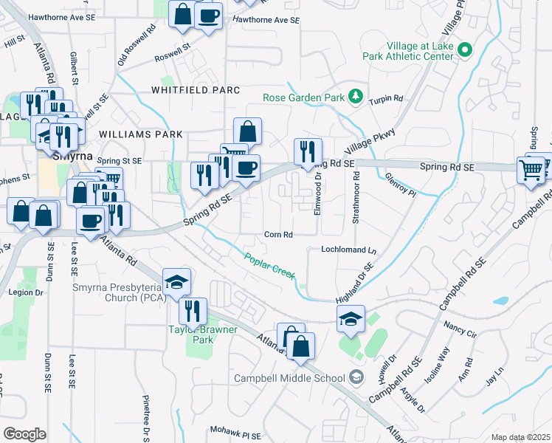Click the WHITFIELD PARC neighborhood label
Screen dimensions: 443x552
point(196,90)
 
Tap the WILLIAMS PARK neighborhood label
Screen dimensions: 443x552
point(139,134)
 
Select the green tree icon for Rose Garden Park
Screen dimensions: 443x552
point(356,96)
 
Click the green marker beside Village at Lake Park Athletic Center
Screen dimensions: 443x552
point(464,50)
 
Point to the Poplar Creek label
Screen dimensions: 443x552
point(270,266)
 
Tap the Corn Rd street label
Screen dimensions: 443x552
point(279,235)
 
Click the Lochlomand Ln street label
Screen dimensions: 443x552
point(348,250)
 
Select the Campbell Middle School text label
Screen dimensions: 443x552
point(290,379)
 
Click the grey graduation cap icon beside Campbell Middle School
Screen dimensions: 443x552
point(356,377)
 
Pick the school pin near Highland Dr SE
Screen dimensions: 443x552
point(351,318)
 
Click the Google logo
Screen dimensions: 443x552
point(24,434)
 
